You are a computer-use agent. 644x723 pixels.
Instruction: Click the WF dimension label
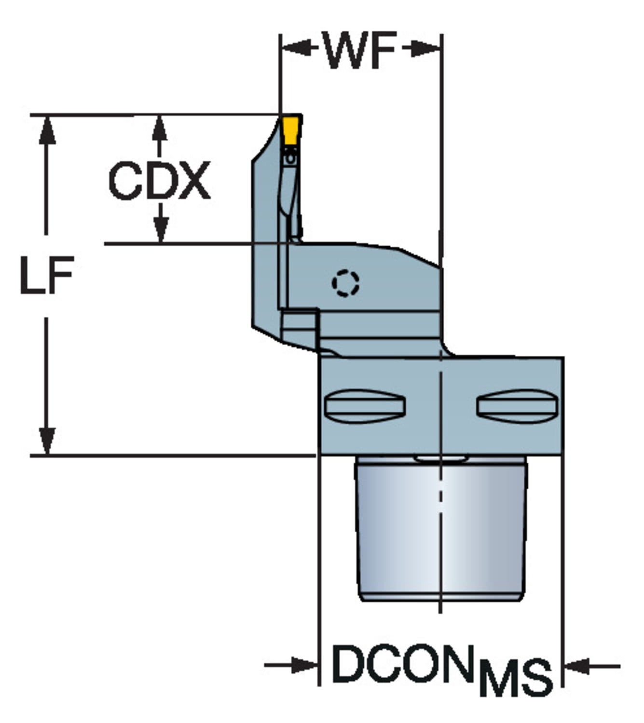coord(359,50)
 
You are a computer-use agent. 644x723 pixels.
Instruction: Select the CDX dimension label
coord(159,180)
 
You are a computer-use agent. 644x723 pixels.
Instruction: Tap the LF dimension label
coord(47,275)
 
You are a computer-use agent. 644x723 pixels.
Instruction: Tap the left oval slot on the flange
coord(365,406)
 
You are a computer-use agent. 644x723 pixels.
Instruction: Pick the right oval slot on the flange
coord(517,406)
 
